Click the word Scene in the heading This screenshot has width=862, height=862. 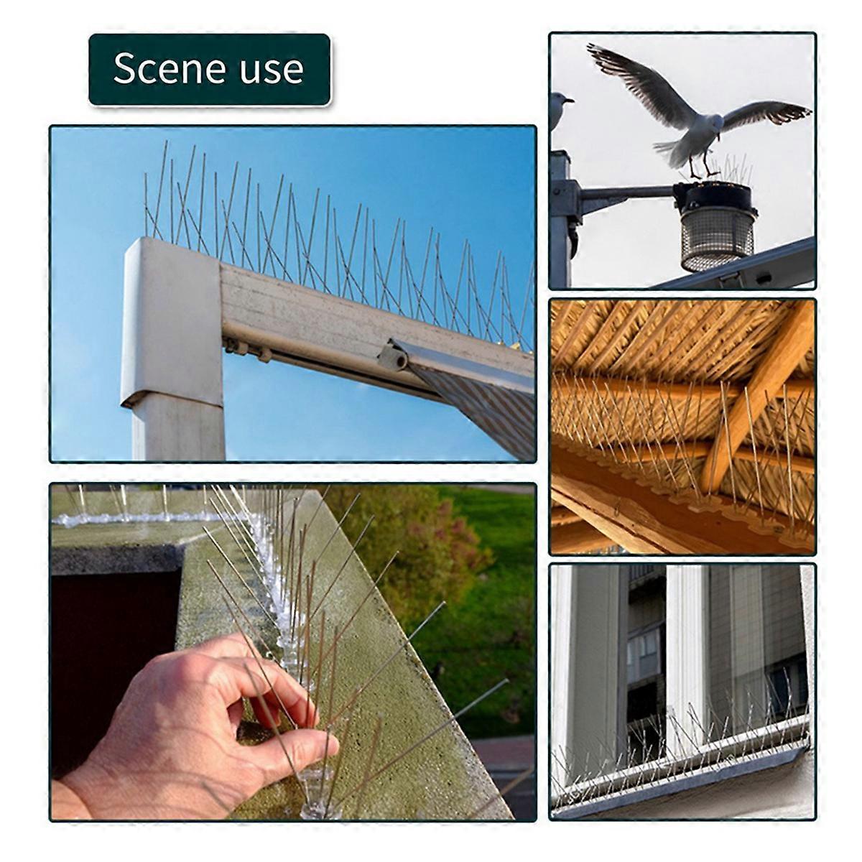[170, 68]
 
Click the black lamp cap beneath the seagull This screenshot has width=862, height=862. [713, 196]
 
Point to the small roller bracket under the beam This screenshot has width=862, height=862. [393, 356]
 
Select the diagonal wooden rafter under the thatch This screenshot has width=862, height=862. [756, 394]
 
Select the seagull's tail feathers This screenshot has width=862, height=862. [671, 150]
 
